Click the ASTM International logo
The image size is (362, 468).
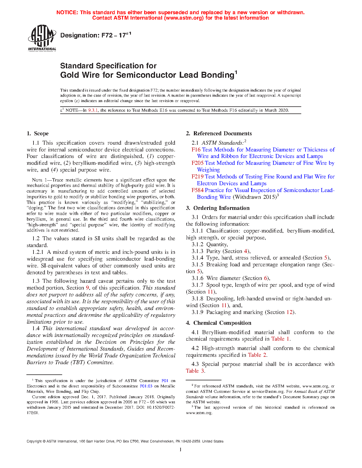42,38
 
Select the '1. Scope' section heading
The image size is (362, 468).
37,134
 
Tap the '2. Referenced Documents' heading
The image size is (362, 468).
219,134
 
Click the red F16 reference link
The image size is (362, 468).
196,150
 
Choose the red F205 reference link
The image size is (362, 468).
198,163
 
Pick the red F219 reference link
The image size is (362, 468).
198,177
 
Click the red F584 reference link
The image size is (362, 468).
198,190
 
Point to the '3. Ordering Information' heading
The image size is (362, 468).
218,208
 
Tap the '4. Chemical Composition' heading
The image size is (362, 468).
219,323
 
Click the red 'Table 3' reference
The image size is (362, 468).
195,371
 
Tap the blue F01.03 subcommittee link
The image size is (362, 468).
146,386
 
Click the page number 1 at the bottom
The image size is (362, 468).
181,449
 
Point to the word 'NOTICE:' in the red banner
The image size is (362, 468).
67,12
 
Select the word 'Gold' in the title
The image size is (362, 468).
68,75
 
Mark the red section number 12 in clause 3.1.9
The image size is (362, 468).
289,312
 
